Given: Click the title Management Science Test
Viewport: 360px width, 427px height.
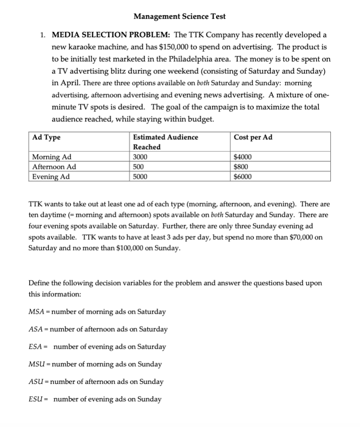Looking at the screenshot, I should tap(180, 17).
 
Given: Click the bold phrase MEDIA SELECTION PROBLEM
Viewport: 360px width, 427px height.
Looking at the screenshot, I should tap(111, 35).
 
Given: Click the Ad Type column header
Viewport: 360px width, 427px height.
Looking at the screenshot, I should tap(47, 137).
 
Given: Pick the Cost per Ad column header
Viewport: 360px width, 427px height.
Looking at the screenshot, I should tap(253, 137).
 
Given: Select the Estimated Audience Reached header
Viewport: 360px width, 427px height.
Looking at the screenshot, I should tap(165, 142).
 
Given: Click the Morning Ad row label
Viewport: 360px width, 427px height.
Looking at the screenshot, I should tap(52, 157).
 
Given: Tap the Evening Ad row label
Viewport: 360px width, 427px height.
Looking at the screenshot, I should tap(51, 177).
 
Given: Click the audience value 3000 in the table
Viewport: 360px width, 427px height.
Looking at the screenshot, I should tap(141, 157).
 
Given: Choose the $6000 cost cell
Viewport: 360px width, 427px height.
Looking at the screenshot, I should tap(243, 177).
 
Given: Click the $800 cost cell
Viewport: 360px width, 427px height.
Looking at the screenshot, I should tap(241, 167).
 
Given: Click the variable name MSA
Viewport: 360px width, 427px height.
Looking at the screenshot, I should tap(35, 312).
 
